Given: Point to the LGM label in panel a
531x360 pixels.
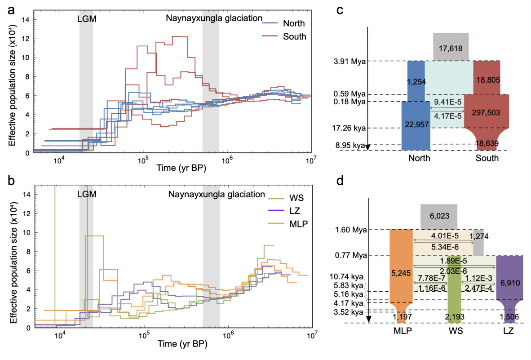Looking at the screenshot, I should (x=86, y=18).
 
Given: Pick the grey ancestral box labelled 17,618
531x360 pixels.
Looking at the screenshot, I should (x=451, y=47).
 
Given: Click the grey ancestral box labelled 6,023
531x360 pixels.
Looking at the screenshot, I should (x=438, y=217).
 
